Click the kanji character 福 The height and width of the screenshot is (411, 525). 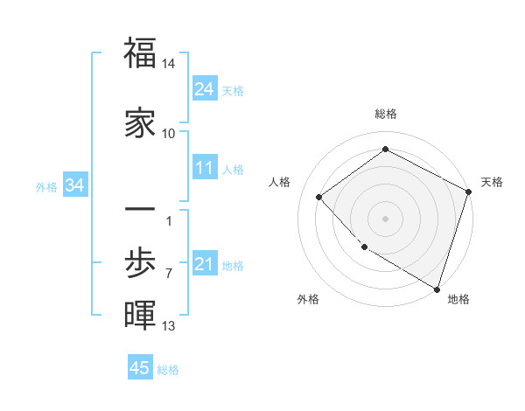(x=140, y=54)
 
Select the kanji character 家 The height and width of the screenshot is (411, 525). (x=140, y=122)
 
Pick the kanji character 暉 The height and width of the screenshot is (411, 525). (x=140, y=316)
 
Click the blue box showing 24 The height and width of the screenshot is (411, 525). (x=204, y=88)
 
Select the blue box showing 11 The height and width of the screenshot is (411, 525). (x=204, y=168)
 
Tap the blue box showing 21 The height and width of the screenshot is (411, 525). (x=204, y=264)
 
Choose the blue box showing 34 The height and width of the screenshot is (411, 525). (x=74, y=185)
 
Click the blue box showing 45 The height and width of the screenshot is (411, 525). (x=140, y=368)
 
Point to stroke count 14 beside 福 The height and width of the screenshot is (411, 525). (x=169, y=64)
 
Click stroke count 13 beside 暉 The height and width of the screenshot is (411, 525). (x=169, y=326)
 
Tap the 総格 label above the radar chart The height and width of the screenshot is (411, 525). (x=386, y=114)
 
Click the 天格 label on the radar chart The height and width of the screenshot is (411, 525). (x=492, y=182)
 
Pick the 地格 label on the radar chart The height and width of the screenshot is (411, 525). (x=458, y=299)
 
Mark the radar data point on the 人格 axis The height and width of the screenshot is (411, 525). (x=319, y=197)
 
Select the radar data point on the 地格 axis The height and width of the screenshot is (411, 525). (x=437, y=288)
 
